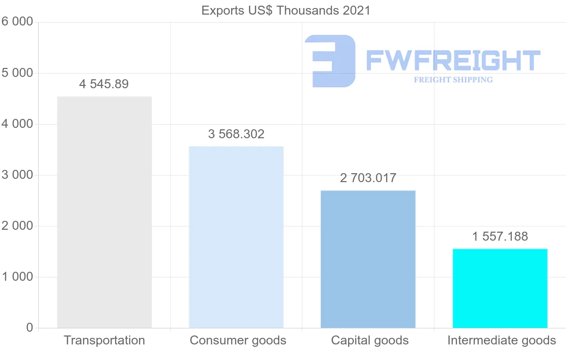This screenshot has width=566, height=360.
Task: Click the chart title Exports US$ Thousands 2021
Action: [286, 10]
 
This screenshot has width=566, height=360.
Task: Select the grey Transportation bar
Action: [104, 212]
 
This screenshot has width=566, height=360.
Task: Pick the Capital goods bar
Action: [368, 259]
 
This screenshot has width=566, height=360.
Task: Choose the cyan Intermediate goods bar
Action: [500, 288]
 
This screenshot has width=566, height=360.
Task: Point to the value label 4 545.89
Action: [104, 84]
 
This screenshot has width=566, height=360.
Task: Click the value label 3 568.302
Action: [236, 134]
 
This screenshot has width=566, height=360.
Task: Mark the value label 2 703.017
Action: [368, 178]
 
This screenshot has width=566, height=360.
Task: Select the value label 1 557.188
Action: [500, 236]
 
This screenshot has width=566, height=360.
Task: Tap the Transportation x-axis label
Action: [104, 340]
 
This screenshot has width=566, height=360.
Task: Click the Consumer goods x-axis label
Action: [238, 340]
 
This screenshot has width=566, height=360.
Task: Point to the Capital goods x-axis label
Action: [370, 340]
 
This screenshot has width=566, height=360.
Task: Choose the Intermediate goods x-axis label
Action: [501, 340]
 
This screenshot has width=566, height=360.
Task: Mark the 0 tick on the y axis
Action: [29, 328]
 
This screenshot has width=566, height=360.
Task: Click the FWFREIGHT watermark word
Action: [453, 61]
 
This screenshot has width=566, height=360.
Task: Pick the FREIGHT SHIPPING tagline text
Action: [453, 80]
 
